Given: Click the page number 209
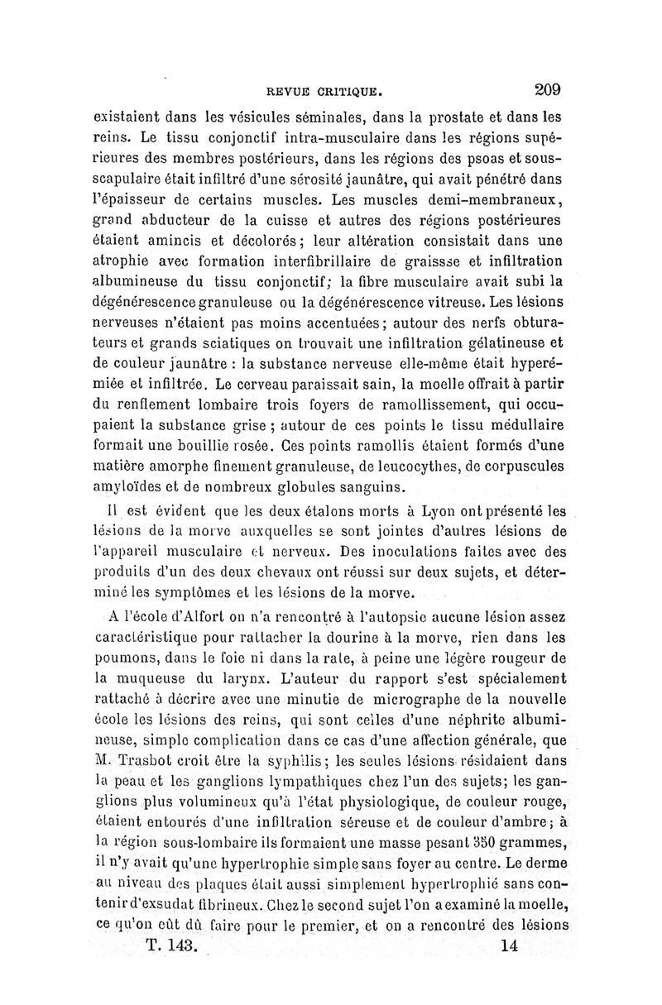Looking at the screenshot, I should pyautogui.click(x=548, y=89).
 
